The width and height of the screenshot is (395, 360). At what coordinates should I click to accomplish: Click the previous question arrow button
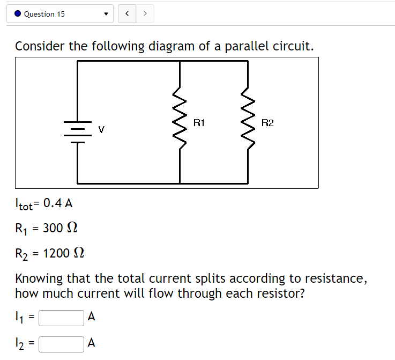(126, 14)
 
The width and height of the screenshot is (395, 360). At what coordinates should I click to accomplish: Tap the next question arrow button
(145, 14)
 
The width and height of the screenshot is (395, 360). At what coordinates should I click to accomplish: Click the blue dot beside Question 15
(18, 14)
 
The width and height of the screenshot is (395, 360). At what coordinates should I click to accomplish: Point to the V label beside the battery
(101, 129)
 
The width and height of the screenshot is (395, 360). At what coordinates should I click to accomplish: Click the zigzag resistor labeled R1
(179, 122)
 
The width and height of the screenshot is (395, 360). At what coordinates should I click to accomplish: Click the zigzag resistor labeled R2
(248, 122)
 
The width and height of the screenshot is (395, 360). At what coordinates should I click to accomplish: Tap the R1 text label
(199, 123)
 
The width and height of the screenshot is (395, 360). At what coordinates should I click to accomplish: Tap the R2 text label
(267, 123)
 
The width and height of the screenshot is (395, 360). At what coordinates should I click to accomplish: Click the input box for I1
(61, 318)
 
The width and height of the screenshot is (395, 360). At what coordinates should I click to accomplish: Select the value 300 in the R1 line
(53, 229)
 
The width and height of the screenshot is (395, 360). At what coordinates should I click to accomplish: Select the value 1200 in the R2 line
(56, 253)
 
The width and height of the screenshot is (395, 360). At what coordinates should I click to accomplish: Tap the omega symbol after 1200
(78, 253)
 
